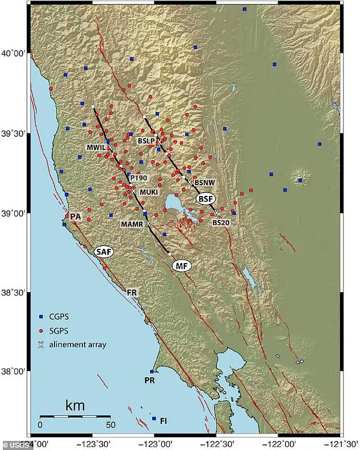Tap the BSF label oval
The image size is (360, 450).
coord(207,199)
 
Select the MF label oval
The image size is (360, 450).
coord(181,265)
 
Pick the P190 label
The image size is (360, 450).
coord(139,178)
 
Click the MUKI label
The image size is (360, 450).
coord(149,192)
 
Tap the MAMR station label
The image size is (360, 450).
coord(132,224)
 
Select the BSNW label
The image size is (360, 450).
coord(204,183)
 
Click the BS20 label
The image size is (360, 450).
coord(220,223)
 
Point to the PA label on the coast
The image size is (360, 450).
coord(76,216)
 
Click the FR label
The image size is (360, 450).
coord(132,292)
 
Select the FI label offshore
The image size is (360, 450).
coord(164,421)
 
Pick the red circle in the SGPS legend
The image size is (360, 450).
coord(40,330)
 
